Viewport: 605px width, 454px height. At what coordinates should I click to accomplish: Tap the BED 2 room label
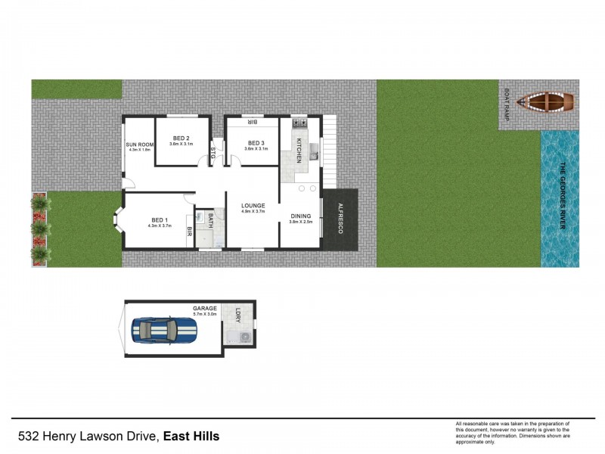click(x=181, y=138)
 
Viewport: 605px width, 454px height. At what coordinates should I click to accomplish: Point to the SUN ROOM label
click(x=140, y=144)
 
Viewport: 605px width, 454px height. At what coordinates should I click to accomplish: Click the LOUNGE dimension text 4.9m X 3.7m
click(x=252, y=211)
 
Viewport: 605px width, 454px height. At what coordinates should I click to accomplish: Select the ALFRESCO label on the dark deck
click(x=340, y=218)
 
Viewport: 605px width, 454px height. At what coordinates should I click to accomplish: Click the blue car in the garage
click(x=165, y=331)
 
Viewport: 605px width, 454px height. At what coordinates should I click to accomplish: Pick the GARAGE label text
click(x=205, y=308)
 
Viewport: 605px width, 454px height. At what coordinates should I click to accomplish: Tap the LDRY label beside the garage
click(x=237, y=312)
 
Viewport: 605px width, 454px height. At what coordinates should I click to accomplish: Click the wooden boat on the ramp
click(x=550, y=101)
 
